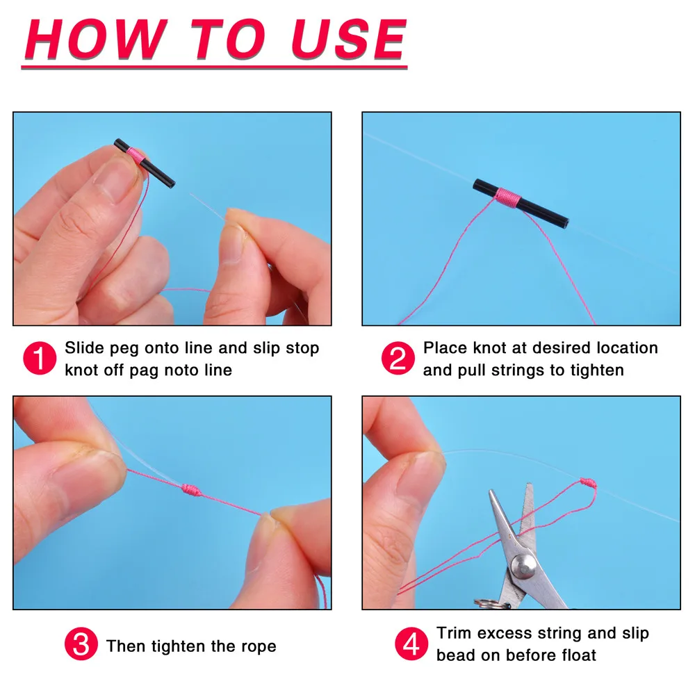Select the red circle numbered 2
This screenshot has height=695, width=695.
(398, 359)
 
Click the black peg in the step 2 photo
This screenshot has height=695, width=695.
(521, 203)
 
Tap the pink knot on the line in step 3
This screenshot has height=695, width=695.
(190, 489)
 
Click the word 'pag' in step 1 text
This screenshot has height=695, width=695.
(143, 370)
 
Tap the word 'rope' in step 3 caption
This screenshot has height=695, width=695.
(258, 646)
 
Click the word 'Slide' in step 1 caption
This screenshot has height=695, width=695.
(85, 347)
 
